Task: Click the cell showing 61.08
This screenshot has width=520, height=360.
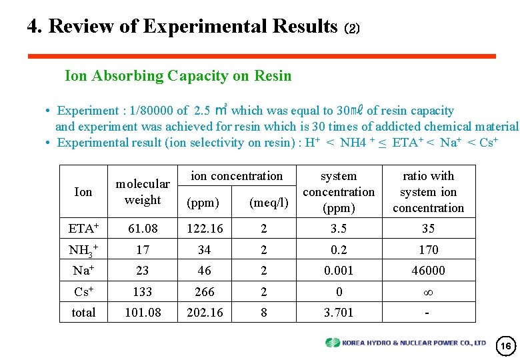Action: (143, 229)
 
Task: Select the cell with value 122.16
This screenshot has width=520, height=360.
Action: (205, 229)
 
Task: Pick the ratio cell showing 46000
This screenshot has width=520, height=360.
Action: (428, 271)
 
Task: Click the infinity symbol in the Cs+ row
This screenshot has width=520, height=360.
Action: (428, 292)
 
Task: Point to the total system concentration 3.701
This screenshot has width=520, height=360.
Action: (339, 313)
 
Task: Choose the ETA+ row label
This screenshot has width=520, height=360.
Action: (83, 229)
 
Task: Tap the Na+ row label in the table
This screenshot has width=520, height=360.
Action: (83, 271)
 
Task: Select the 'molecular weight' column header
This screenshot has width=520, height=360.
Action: (143, 191)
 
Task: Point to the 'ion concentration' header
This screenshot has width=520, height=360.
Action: (237, 176)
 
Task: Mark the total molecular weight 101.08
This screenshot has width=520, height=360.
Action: (143, 313)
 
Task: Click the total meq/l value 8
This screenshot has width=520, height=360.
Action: (263, 313)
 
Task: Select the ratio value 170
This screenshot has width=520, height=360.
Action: (428, 250)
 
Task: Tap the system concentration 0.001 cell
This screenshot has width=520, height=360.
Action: (339, 271)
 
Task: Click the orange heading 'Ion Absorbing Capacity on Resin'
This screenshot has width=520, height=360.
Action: (178, 75)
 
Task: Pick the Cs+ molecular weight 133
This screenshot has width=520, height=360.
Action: (143, 292)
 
